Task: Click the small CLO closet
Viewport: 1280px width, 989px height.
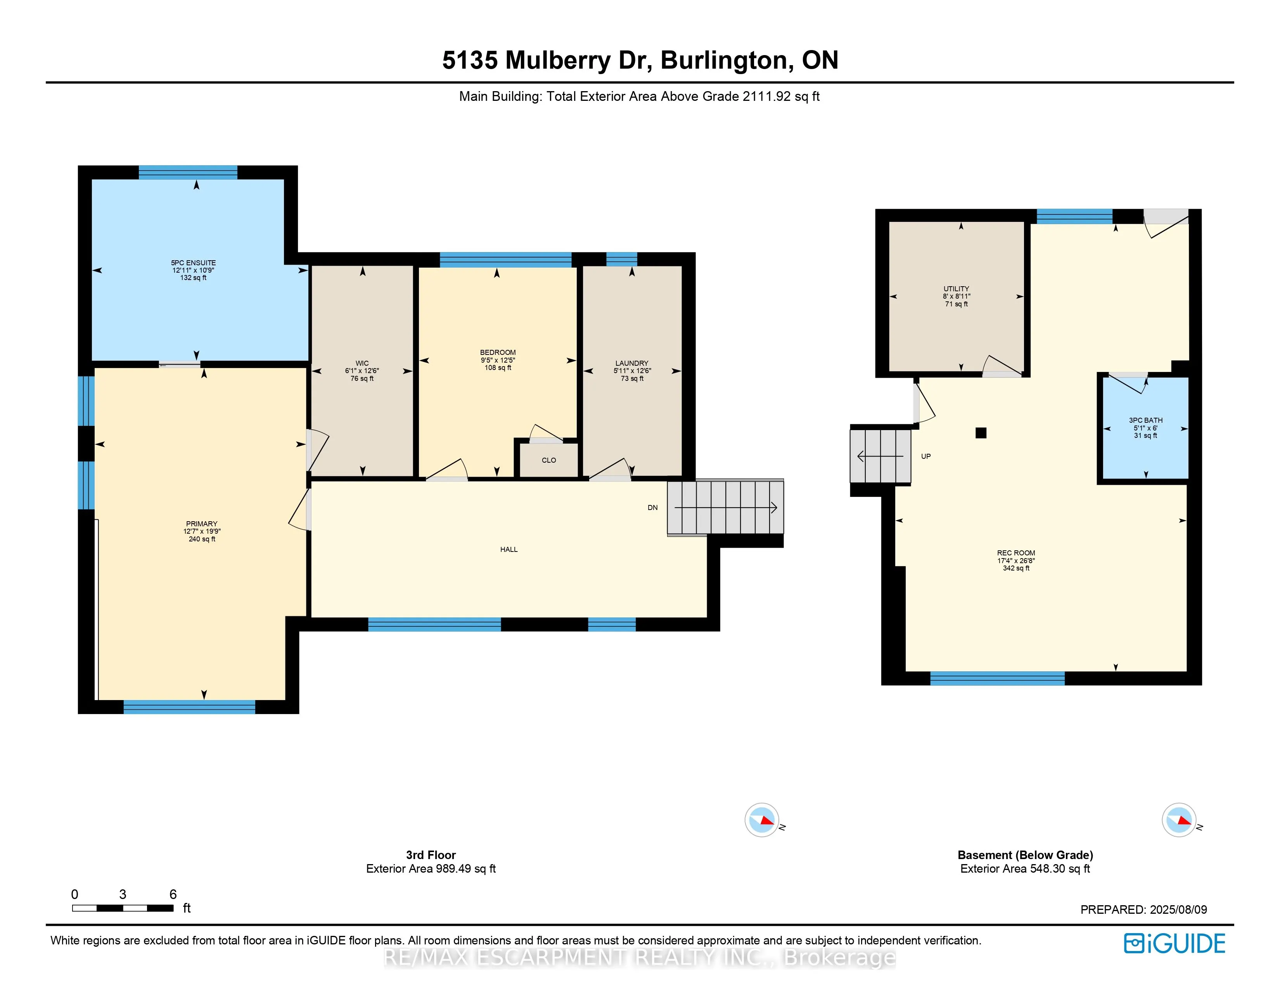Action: [x=548, y=460]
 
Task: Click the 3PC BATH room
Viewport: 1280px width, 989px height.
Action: [x=1145, y=428]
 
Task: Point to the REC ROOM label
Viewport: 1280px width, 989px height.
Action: [x=1016, y=553]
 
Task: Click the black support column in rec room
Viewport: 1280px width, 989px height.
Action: [x=981, y=433]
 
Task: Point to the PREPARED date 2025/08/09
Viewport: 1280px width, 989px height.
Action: [x=1143, y=910]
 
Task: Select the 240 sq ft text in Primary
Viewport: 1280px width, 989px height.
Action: [x=202, y=539]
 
